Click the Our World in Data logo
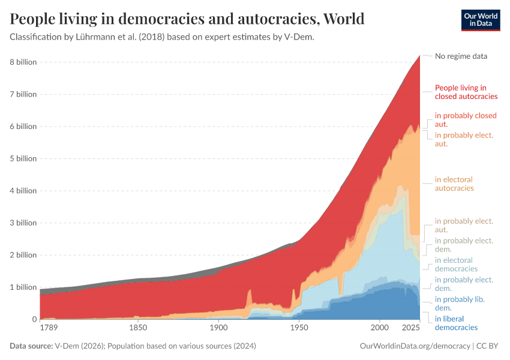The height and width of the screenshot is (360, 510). [x=480, y=19]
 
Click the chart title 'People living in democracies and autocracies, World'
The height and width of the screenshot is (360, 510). [x=187, y=19]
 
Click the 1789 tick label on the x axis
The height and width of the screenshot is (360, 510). [x=49, y=328]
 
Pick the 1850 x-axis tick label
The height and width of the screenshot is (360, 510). [x=138, y=328]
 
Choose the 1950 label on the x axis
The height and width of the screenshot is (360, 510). [x=299, y=328]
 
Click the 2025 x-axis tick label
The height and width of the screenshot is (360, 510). [x=411, y=328]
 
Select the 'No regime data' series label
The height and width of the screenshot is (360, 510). [x=461, y=56]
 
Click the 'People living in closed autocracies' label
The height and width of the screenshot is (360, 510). [x=466, y=92]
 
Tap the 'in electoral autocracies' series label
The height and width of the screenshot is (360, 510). [x=454, y=184]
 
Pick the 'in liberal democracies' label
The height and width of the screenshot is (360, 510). [x=456, y=323]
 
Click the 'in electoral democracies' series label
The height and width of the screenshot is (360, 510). [x=456, y=264]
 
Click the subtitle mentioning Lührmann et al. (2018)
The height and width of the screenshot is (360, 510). [x=162, y=37]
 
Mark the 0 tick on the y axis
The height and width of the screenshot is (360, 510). [x=34, y=319]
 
